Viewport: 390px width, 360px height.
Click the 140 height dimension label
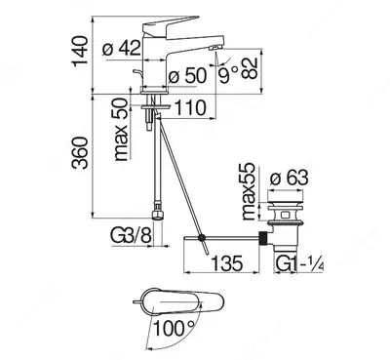pyautogui.click(x=80, y=51)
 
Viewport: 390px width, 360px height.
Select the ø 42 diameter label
pyautogui.click(x=122, y=48)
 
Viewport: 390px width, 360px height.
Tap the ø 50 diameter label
pyautogui.click(x=187, y=76)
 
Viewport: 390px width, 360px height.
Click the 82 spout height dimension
pyautogui.click(x=250, y=68)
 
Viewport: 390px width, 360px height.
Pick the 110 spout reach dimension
pyautogui.click(x=190, y=108)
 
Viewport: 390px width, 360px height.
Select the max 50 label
pyautogui.click(x=121, y=130)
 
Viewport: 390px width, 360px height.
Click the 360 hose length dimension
pyautogui.click(x=80, y=153)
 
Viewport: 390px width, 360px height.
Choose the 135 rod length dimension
pyautogui.click(x=227, y=262)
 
